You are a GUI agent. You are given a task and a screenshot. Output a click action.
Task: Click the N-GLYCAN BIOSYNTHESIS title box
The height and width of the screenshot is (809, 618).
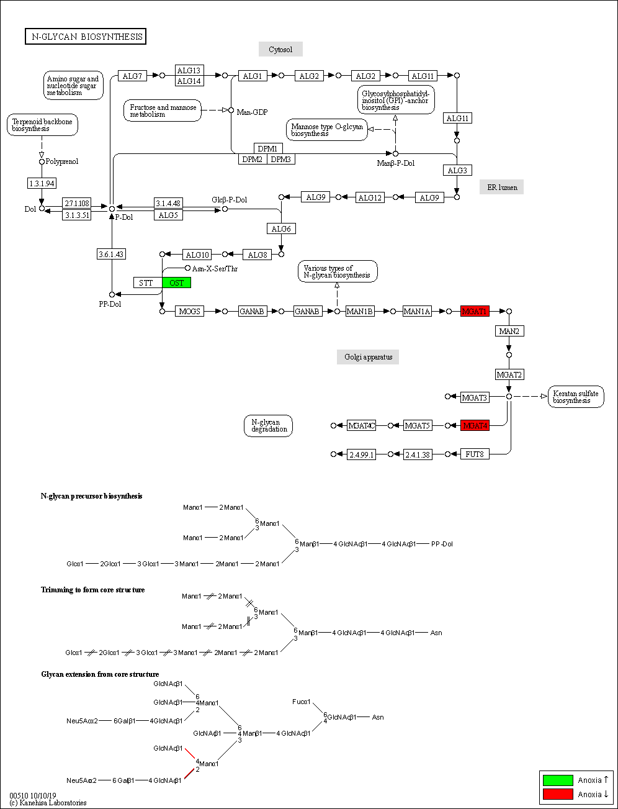click(85, 37)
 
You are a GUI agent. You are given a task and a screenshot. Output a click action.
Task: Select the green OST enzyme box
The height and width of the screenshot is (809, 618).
click(177, 283)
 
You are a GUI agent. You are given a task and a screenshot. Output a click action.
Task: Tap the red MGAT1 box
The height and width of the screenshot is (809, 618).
click(475, 311)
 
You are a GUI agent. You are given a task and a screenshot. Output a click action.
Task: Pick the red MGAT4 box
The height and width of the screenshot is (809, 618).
click(475, 425)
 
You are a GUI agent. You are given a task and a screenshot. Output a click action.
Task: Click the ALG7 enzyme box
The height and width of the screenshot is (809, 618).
click(132, 76)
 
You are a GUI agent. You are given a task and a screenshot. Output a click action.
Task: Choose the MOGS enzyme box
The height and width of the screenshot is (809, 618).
click(189, 311)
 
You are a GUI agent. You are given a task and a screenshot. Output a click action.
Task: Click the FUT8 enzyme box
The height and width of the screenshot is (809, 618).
click(475, 454)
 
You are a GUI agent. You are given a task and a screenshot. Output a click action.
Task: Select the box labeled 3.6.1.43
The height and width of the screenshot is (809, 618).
click(111, 254)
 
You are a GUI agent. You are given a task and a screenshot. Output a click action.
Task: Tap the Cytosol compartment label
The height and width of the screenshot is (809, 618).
click(280, 50)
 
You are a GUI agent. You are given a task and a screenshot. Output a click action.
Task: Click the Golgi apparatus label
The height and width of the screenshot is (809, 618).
click(369, 357)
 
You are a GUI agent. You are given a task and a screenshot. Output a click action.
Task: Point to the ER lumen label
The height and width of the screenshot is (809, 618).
click(501, 187)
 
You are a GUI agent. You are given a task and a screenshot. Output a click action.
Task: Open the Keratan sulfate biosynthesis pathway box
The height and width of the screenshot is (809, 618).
click(576, 397)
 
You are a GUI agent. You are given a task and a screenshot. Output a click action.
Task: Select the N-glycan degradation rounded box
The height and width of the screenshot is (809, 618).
click(268, 426)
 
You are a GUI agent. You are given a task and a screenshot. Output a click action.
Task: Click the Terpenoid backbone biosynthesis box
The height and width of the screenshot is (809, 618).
click(42, 125)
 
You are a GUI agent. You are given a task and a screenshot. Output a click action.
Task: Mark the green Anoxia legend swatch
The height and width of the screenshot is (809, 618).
click(557, 780)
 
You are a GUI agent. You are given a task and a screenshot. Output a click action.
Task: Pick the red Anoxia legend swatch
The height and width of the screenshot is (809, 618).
click(557, 794)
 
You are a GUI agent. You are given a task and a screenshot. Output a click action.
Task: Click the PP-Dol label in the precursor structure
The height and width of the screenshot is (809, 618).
click(442, 544)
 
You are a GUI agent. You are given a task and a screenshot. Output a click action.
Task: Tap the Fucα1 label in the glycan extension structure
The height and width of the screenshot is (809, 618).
click(302, 702)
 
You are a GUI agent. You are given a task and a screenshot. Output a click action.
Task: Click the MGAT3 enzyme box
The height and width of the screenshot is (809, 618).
click(475, 397)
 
